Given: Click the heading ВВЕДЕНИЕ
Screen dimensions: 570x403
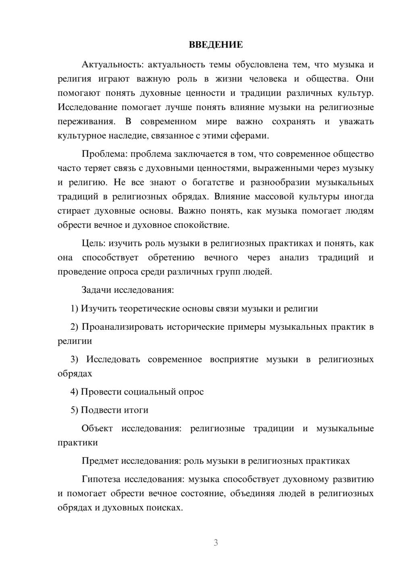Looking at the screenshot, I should [x=216, y=45].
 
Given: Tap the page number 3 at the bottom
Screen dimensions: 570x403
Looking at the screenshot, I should [x=216, y=543].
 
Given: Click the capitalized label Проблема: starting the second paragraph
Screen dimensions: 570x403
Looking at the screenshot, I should [x=104, y=154].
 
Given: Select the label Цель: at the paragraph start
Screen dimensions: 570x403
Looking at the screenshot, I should [x=93, y=243].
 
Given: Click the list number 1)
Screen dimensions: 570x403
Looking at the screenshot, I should [x=74, y=308].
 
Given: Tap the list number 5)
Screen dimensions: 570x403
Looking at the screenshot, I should [x=74, y=410].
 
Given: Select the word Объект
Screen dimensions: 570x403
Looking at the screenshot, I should [x=97, y=428].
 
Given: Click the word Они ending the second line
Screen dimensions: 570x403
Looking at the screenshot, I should [x=364, y=79].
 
